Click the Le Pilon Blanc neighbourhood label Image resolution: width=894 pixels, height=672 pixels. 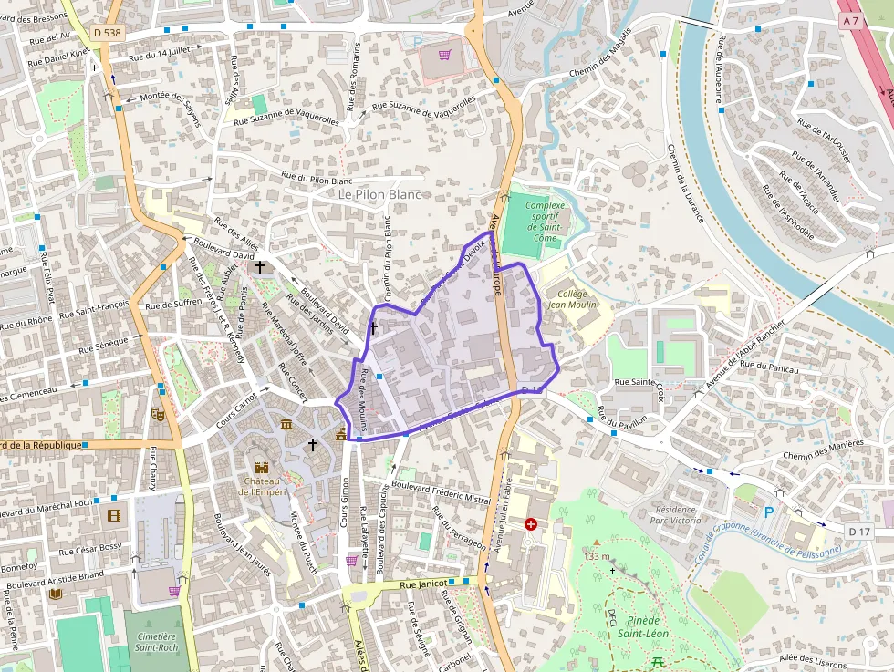[379, 194]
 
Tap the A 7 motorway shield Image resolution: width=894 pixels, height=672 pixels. [851, 20]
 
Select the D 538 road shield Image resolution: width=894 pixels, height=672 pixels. [107, 33]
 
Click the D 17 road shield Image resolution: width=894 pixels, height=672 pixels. [858, 531]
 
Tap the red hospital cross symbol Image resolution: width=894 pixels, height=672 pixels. [531, 524]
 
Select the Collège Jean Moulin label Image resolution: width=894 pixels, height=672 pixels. [571, 298]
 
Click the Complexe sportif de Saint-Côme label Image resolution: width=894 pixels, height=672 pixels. [545, 222]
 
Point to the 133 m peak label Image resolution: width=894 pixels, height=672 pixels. [597, 556]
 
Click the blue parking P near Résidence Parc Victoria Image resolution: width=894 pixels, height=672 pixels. [768, 513]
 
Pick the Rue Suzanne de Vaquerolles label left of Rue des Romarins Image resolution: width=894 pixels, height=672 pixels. [286, 119]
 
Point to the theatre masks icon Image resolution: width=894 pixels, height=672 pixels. [157, 414]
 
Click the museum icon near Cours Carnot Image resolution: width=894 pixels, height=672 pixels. [286, 425]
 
